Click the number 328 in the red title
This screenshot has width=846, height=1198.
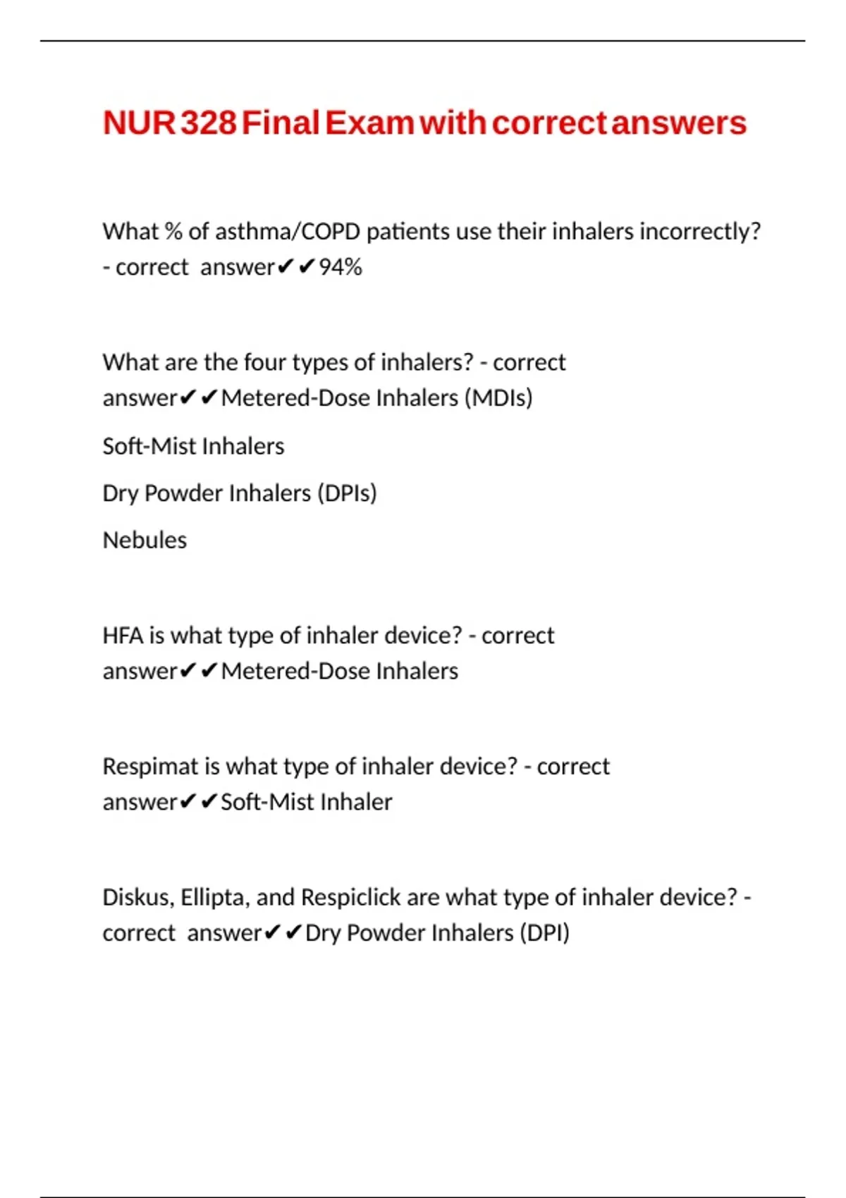[x=209, y=123]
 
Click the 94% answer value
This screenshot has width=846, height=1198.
[x=341, y=267]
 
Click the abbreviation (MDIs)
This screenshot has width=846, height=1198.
[x=498, y=398]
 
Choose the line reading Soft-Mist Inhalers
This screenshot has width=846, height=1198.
[x=193, y=446]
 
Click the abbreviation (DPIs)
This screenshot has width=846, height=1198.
[x=347, y=493]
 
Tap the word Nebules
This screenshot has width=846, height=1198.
[x=145, y=541]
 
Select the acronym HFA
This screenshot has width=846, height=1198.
[x=123, y=636]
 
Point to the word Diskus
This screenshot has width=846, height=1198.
[x=137, y=897]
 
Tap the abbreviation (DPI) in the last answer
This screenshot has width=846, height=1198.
[x=544, y=933]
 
